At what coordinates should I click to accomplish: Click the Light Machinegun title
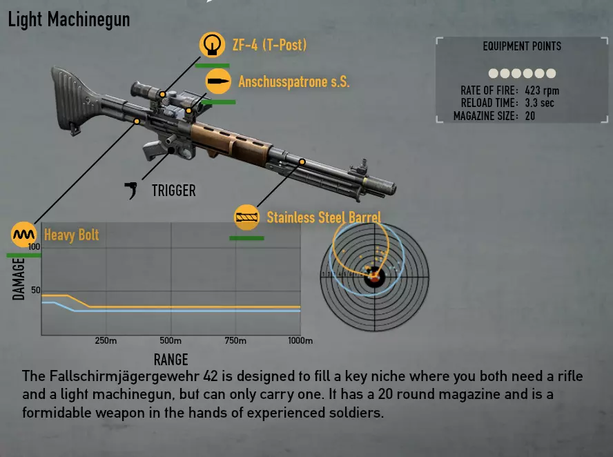point(69,19)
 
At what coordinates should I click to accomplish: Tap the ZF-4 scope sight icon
point(212,45)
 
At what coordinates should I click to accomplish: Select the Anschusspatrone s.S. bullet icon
point(218,81)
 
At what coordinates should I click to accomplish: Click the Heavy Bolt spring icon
point(24,235)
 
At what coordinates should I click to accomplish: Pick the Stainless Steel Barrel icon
point(246,217)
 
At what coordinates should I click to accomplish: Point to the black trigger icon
point(131,190)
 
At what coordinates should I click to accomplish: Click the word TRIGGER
point(173,191)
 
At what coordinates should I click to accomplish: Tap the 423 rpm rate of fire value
point(542,90)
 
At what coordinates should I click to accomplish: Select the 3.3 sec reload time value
point(540,104)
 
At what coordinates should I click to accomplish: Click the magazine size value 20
point(529,116)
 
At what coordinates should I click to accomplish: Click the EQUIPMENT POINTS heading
point(522,46)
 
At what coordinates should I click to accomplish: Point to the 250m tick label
point(106,340)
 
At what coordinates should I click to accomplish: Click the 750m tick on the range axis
point(235,340)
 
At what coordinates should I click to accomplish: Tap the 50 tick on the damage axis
point(36,290)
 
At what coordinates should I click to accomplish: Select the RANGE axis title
point(171,360)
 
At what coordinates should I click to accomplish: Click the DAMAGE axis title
point(19,279)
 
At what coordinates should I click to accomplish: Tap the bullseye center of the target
point(375,277)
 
